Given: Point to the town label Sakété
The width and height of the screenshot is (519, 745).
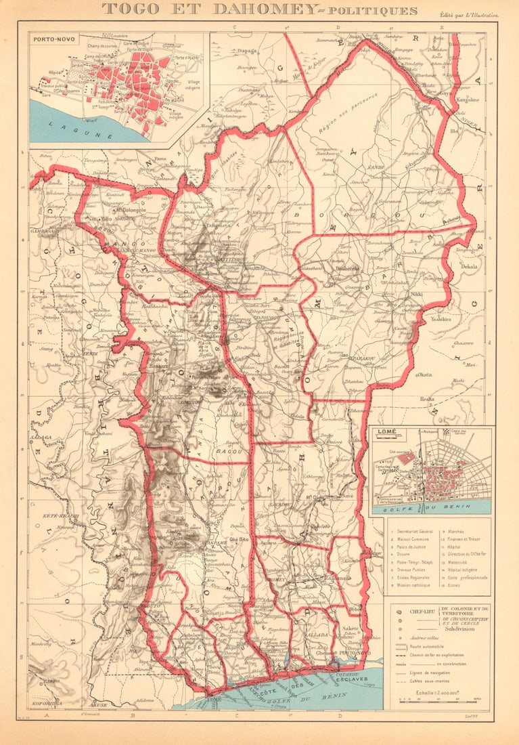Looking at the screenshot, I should point(351,629).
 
